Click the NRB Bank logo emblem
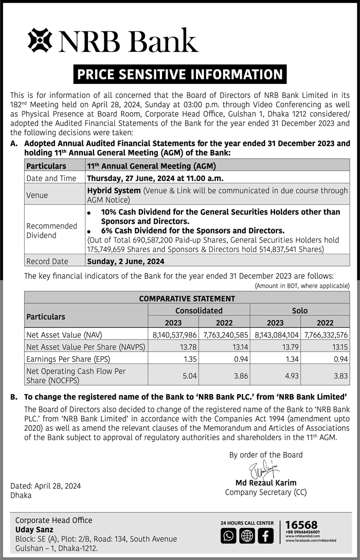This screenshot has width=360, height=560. pyautogui.click(x=40, y=41)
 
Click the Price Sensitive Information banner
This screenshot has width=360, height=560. pyautogui.click(x=179, y=74)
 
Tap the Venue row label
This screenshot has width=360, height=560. pyautogui.click(x=37, y=195)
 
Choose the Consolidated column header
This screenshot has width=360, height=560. pyautogui.click(x=199, y=310)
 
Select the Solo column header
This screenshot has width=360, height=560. pyautogui.click(x=300, y=310)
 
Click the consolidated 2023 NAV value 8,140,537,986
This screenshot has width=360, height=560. pyautogui.click(x=175, y=335)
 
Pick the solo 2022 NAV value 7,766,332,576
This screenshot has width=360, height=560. pyautogui.click(x=326, y=335)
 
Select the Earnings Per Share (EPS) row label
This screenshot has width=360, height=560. pyautogui.click(x=68, y=359)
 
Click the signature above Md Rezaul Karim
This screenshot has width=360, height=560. pyautogui.click(x=263, y=470)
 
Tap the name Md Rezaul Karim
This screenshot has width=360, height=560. pyautogui.click(x=265, y=483)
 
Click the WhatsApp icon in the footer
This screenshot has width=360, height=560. pyautogui.click(x=228, y=536)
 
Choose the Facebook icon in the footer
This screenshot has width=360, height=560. pyautogui.click(x=265, y=536)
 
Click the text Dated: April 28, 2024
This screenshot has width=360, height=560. pyautogui.click(x=45, y=486)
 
